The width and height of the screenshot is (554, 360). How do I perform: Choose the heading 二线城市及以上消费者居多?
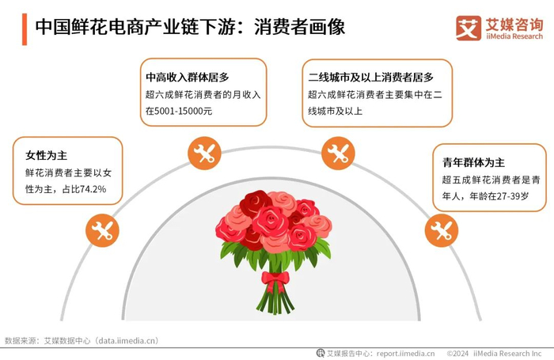tap(370, 78)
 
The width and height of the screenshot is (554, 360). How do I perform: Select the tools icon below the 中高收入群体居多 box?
tap(205, 153)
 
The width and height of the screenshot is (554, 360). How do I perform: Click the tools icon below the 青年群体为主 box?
tap(441, 231)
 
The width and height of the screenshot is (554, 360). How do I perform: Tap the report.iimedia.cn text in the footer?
tap(405, 353)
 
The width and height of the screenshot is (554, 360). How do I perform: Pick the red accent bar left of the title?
tap(25, 28)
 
